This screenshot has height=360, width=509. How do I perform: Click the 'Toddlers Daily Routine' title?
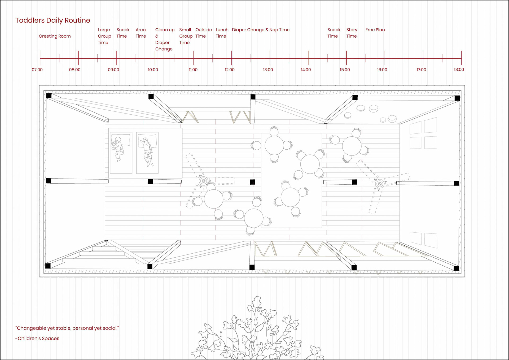click(x=52, y=20)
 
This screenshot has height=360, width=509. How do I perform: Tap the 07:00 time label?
click(x=37, y=70)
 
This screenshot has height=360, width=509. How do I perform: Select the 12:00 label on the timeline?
click(x=230, y=70)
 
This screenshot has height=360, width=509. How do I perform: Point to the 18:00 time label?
click(x=459, y=70)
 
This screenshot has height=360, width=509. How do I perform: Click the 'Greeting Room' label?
click(x=55, y=36)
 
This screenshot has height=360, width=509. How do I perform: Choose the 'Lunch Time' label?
click(x=222, y=33)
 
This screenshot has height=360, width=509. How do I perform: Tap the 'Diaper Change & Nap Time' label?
click(x=261, y=30)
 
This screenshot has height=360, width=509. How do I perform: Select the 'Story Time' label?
click(x=352, y=33)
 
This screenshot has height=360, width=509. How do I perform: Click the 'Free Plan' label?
click(x=375, y=30)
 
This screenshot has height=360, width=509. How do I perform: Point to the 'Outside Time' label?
click(x=203, y=33)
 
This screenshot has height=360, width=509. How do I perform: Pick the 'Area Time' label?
click(x=141, y=33)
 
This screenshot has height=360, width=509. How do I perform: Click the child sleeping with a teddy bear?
click(x=118, y=149)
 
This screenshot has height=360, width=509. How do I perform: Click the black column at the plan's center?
click(x=252, y=182)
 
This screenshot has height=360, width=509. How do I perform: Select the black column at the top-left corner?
click(x=49, y=96)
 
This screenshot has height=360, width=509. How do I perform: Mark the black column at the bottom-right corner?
click(x=456, y=268)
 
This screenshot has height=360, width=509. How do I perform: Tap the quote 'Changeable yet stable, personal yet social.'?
click(x=67, y=328)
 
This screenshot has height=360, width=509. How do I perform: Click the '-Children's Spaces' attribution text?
click(x=37, y=338)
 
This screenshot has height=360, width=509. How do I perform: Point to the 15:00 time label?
click(x=345, y=70)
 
